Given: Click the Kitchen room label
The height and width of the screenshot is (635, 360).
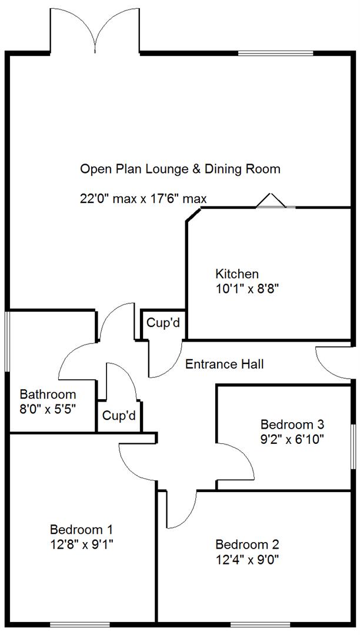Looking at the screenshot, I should [x=237, y=274].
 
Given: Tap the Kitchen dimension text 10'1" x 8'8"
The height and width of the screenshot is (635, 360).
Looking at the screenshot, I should [x=246, y=289].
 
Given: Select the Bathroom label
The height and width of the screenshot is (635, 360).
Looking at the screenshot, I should [x=48, y=394].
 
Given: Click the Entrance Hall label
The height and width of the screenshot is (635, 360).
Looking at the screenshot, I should [x=224, y=365].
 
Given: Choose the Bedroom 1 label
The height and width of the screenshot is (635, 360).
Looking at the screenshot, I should [x=81, y=529].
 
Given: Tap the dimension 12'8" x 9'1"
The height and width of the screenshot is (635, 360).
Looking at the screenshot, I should [x=81, y=544].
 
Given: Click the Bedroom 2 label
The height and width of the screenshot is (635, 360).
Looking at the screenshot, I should [x=246, y=544].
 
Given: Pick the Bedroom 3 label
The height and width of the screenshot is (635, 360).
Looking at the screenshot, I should [x=292, y=424].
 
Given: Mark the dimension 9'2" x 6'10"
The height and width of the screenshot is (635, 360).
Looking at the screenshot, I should [x=292, y=439].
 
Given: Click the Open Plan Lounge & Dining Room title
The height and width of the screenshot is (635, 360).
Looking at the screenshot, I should [x=180, y=169].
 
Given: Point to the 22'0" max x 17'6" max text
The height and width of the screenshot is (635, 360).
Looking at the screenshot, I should [x=144, y=199].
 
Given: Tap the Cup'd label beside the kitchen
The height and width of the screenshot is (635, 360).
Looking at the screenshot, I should [x=163, y=323].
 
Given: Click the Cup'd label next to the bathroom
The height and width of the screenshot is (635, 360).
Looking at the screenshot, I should [x=119, y=416].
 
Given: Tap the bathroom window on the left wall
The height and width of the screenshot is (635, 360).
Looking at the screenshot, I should [x=7, y=341].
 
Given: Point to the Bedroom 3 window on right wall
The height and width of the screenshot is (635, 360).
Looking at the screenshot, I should [x=353, y=438].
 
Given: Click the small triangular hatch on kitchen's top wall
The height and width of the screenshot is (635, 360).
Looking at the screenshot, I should [x=270, y=201].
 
